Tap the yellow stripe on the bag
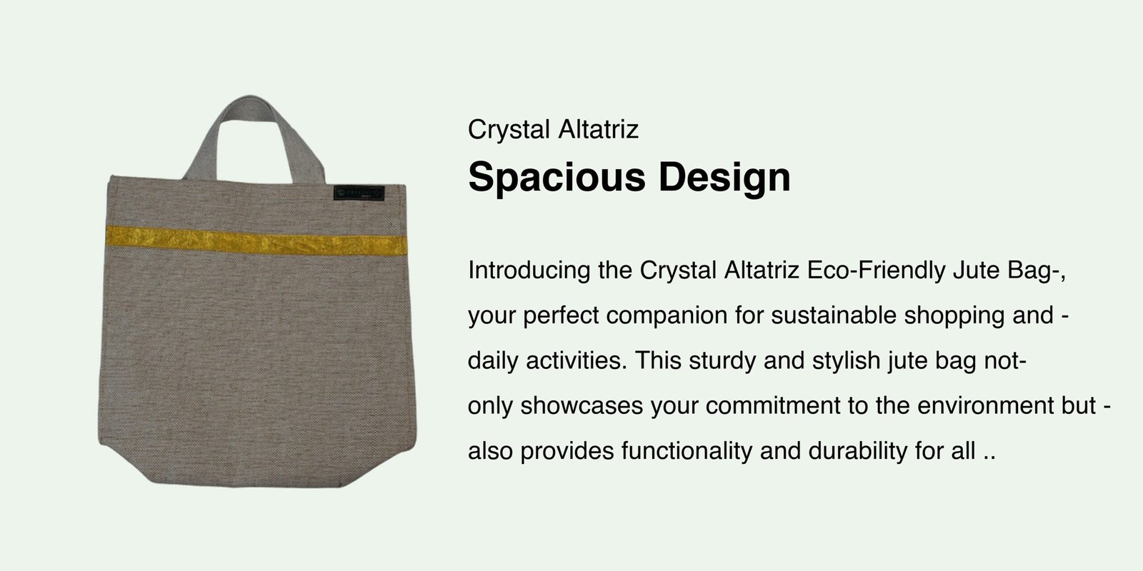256,241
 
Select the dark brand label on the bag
359,193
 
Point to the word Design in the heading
724,178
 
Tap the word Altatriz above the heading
599,129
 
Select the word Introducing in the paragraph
529,271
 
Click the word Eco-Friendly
876,271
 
